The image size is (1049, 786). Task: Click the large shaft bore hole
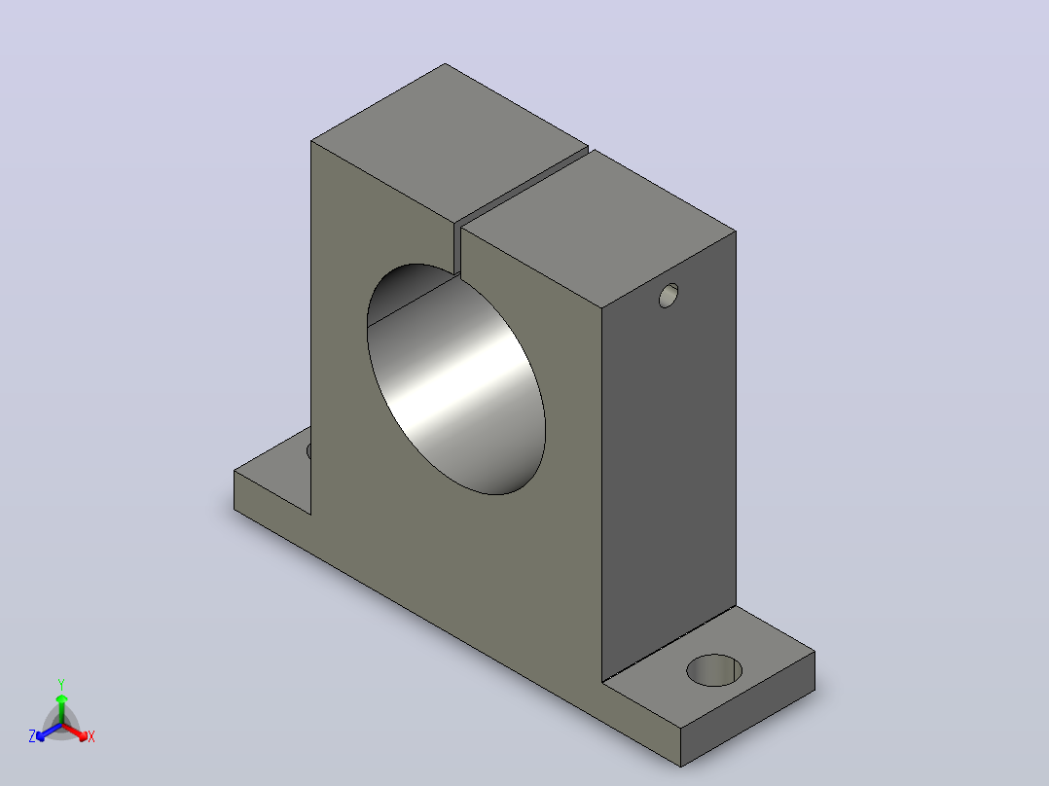pyautogui.click(x=456, y=379)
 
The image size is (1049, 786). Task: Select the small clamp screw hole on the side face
pyautogui.click(x=669, y=296)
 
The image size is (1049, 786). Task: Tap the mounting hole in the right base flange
pyautogui.click(x=714, y=670)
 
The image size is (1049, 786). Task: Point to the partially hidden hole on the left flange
pyautogui.click(x=309, y=450)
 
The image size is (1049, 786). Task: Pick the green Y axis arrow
pyautogui.click(x=61, y=709)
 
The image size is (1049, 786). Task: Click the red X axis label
pyautogui.click(x=91, y=736)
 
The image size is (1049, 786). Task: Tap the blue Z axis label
pyautogui.click(x=32, y=736)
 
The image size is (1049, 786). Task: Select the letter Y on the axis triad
pyautogui.click(x=61, y=684)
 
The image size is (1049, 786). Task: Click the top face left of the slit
pyautogui.click(x=450, y=143)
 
